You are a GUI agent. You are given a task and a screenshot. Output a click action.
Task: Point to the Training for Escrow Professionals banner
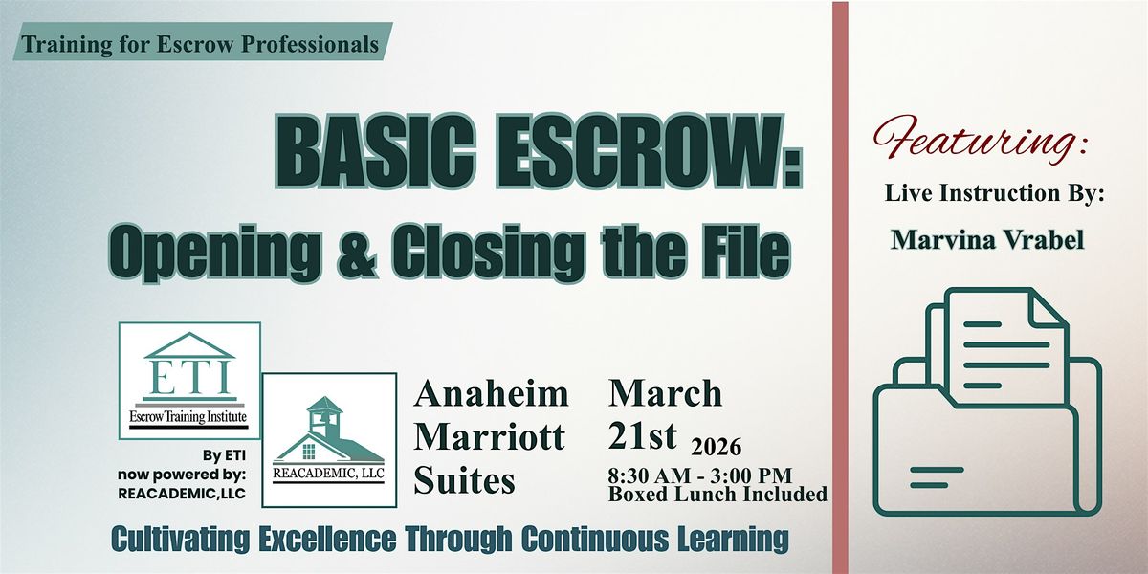click(x=201, y=43)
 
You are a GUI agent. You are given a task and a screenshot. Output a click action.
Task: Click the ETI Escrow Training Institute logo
click(x=189, y=380)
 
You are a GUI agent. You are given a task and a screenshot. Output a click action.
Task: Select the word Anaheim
click(x=491, y=393)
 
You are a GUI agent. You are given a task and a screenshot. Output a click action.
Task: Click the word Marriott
click(x=490, y=437)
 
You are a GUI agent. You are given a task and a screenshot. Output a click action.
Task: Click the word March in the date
click(x=665, y=393)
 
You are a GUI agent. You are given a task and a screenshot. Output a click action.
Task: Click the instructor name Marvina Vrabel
click(x=987, y=239)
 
